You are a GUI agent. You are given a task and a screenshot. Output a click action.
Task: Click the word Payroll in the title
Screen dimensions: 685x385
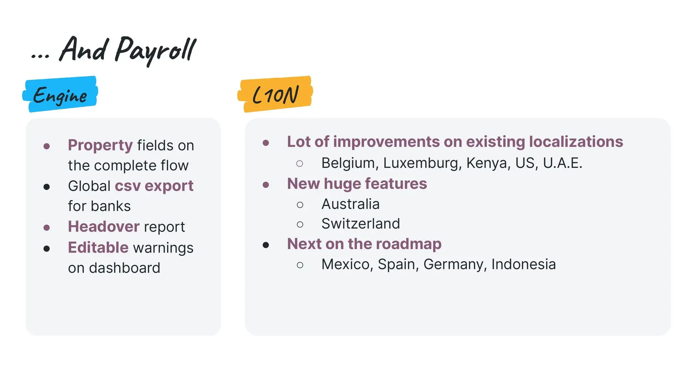(156, 50)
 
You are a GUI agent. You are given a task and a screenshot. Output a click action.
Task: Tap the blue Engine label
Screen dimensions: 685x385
(60, 94)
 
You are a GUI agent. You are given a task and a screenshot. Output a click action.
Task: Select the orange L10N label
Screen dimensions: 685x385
(275, 94)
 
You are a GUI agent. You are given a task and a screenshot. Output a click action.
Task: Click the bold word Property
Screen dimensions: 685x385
(100, 145)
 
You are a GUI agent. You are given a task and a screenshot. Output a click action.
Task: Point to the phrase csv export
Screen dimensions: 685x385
(154, 186)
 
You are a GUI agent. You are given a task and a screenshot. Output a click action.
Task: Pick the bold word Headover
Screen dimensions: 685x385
(104, 227)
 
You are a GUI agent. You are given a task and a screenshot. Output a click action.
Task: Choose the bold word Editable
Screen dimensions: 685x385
(98, 247)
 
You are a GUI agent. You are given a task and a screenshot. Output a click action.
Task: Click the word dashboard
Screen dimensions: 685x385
(125, 268)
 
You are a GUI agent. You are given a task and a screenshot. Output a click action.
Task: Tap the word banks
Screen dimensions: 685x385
(111, 206)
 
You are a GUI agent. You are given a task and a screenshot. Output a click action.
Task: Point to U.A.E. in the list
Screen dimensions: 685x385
(563, 163)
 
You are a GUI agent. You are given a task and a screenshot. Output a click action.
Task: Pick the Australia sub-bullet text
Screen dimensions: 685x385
(350, 204)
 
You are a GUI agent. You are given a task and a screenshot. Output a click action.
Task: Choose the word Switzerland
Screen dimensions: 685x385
(361, 224)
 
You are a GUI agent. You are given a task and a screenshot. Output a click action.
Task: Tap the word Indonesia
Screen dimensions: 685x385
(524, 265)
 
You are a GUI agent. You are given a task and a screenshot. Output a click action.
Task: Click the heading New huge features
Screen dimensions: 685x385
(357, 184)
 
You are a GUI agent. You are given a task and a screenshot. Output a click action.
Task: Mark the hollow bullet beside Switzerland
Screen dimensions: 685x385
(300, 224)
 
